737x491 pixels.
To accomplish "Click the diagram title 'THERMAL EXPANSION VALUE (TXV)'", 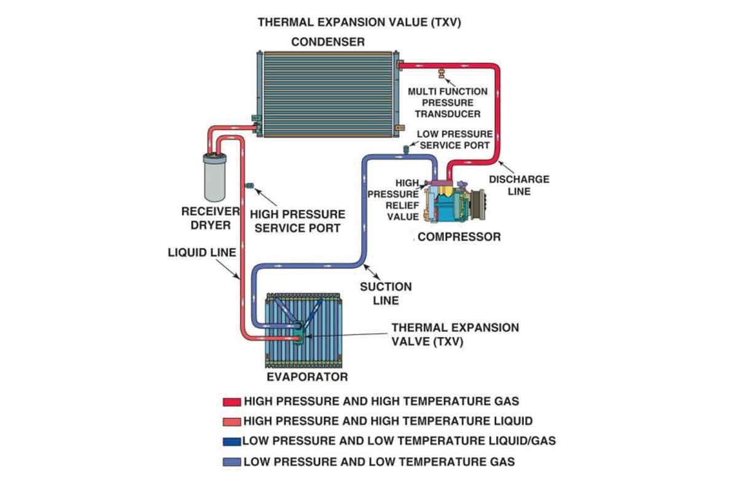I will tap(359, 23).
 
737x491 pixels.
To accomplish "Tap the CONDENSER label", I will tap(327, 42).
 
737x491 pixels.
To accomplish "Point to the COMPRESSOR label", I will tap(459, 237).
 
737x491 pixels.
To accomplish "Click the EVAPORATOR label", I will tap(306, 376).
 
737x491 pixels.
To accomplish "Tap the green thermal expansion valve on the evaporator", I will tap(300, 334).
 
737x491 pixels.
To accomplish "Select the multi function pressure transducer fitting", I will tap(440, 75).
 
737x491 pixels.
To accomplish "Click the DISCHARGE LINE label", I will tap(518, 185).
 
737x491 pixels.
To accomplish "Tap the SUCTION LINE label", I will tap(386, 293).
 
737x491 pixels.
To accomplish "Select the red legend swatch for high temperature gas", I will tap(232, 402).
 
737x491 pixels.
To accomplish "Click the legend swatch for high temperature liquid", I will tap(232, 422).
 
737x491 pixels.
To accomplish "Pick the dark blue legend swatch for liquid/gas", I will tap(232, 441).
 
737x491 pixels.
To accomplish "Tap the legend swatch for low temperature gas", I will tap(232, 462).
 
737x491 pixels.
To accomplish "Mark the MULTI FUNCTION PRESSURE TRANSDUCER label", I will tap(448, 102).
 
